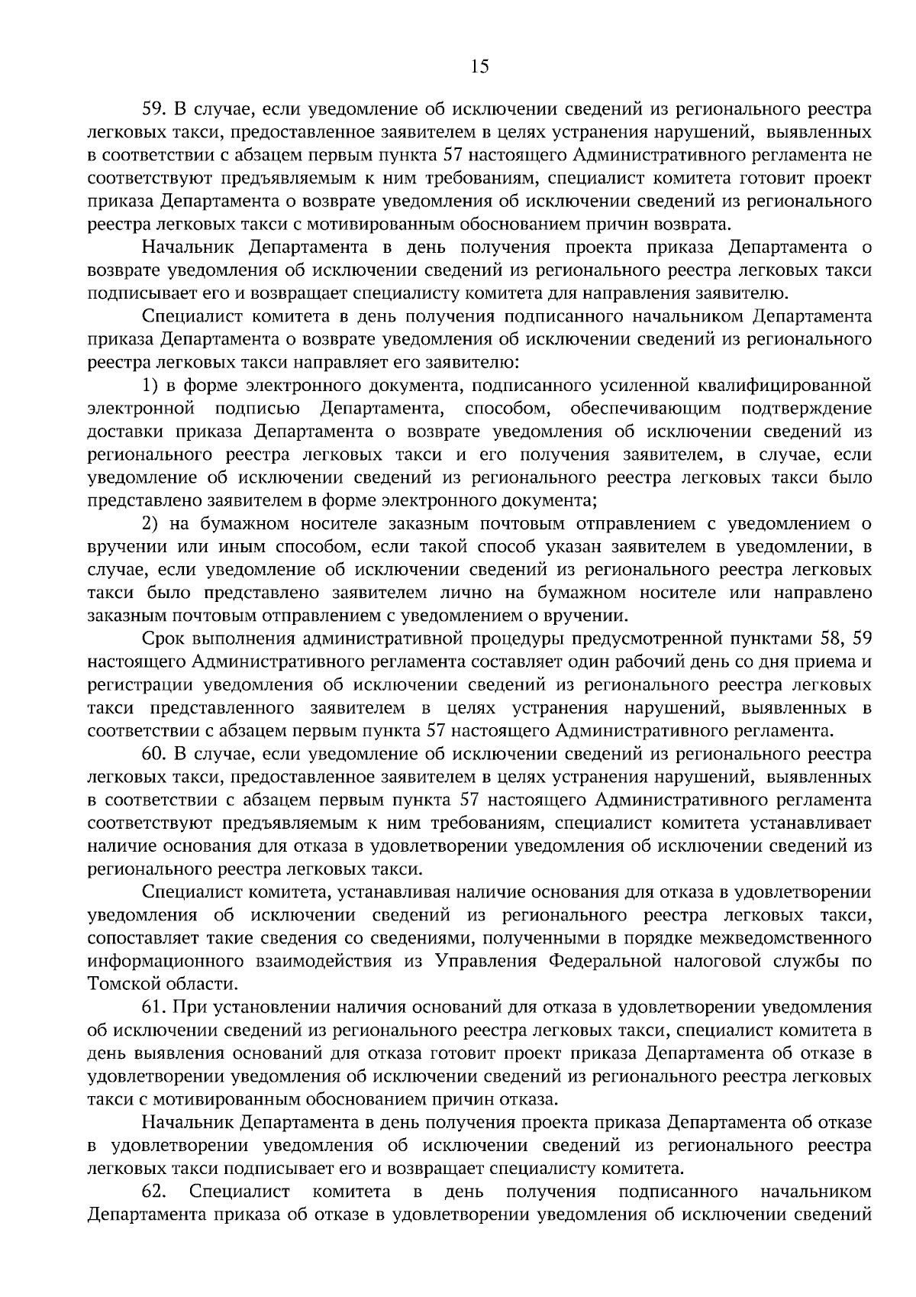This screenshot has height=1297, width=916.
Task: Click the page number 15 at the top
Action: coord(479,66)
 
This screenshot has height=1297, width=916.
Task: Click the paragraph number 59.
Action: coord(153,109)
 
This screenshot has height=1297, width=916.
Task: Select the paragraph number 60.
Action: coord(153,754)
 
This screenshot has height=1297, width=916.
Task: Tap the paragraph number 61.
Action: coord(153,1008)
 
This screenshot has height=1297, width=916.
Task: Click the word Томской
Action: coord(120,984)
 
